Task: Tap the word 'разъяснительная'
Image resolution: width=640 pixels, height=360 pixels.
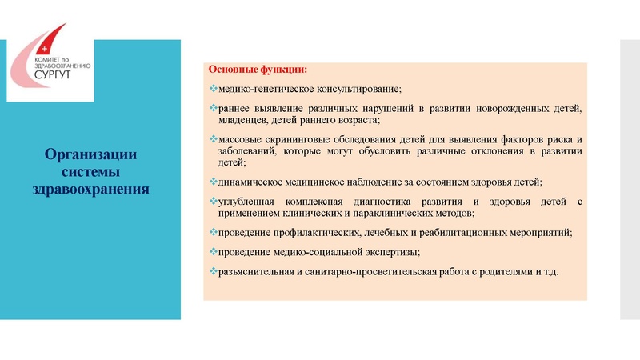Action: tap(254, 273)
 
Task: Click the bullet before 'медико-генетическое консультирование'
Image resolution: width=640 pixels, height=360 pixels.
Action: tap(212, 88)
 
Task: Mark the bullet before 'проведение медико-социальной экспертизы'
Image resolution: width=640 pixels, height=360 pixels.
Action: tap(212, 252)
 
